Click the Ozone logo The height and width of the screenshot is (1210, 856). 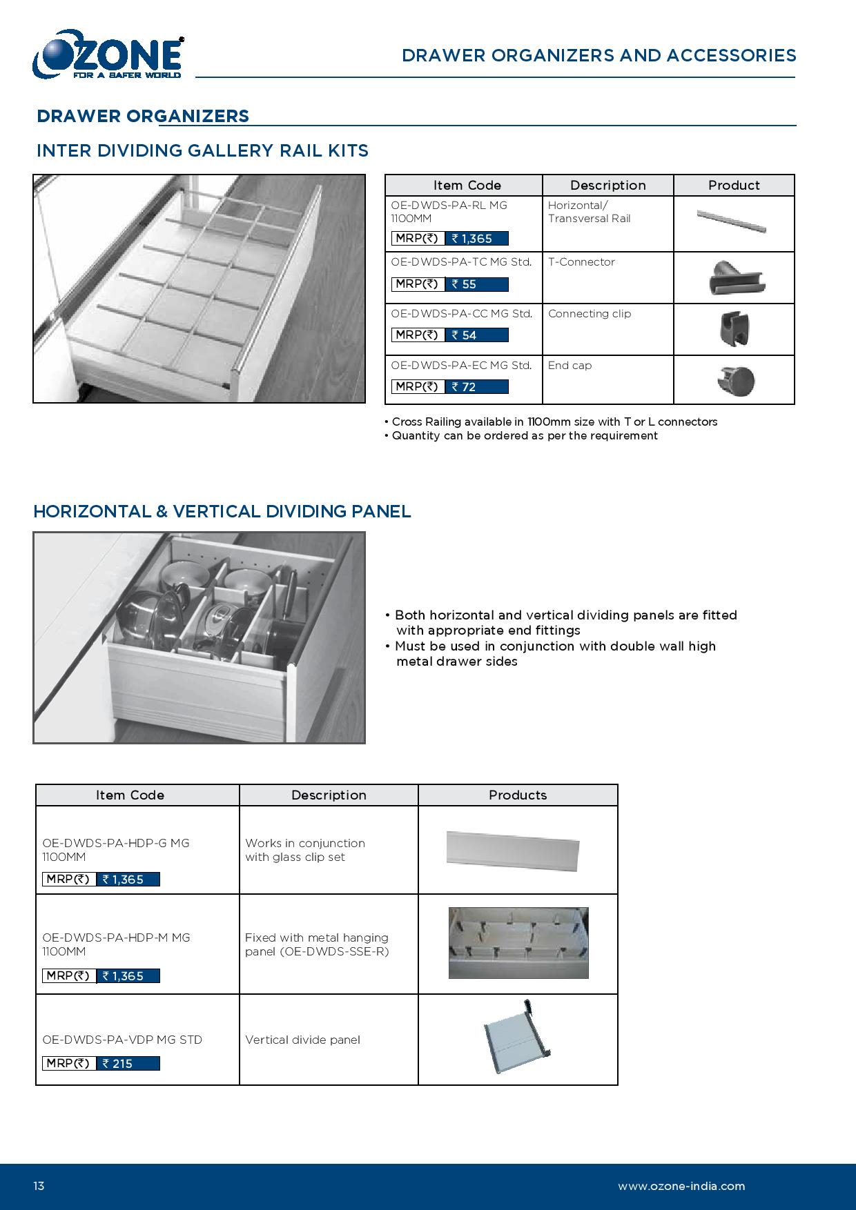pos(108,54)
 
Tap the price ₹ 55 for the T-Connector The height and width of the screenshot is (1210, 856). pos(476,284)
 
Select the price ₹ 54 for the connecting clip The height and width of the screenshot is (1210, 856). pos(476,335)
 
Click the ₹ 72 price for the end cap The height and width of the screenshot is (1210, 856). pos(476,387)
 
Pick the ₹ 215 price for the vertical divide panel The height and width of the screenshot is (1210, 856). pos(128,1064)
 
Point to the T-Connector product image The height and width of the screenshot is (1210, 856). pos(737,277)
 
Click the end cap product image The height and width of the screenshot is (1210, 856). pos(737,381)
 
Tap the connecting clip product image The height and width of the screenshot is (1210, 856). pos(734,329)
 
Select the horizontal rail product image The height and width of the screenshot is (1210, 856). pos(732,221)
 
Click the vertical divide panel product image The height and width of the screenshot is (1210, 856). pos(516,1038)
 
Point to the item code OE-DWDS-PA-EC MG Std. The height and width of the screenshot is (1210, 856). pos(461,366)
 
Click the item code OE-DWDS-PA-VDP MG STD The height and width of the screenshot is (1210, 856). pos(122,1040)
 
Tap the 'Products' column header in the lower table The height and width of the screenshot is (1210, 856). pos(518,795)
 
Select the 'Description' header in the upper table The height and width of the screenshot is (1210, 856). pos(607,186)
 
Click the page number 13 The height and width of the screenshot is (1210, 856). pos(39,1187)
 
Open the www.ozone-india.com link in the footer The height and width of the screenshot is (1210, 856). pos(681,1187)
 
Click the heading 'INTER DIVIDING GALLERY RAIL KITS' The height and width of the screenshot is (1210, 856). pos(202,150)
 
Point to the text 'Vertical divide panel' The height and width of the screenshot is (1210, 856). pos(302,1040)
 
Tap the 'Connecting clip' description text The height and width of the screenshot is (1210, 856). pos(590,314)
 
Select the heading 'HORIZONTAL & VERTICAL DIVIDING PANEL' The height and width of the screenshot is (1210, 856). pos(222,511)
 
